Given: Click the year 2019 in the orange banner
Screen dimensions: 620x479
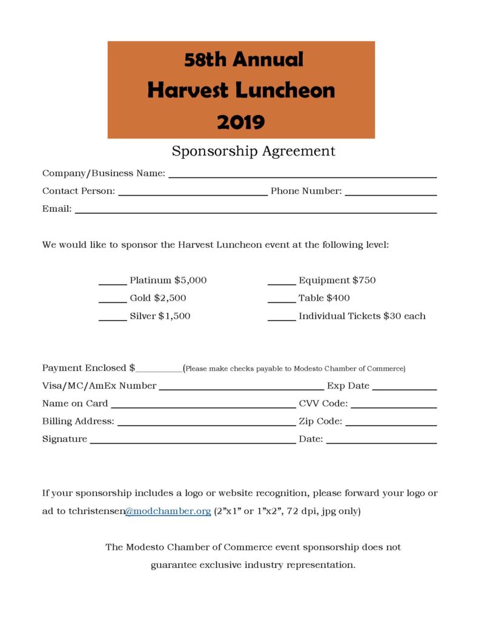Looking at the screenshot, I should click(240, 122).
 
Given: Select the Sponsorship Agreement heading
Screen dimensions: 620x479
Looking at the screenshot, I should click(253, 151).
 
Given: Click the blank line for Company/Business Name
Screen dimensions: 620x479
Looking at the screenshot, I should click(302, 175).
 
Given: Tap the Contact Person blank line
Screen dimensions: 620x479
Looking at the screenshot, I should click(193, 193).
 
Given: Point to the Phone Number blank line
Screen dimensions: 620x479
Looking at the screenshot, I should click(391, 193).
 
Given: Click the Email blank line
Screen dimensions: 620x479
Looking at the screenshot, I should click(255, 211).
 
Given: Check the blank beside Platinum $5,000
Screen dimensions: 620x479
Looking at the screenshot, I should click(112, 282).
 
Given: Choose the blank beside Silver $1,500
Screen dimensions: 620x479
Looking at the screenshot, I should click(112, 318).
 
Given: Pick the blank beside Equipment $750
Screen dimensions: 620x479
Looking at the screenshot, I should click(281, 282).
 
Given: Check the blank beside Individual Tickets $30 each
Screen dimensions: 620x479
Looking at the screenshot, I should click(281, 318).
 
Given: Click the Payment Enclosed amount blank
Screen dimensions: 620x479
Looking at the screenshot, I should click(159, 370).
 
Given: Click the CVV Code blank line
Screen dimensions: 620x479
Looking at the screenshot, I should click(394, 406).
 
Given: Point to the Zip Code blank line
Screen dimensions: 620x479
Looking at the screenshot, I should click(391, 423).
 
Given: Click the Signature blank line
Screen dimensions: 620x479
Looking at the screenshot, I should click(193, 441).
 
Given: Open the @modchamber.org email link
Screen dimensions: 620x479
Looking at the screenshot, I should click(168, 512).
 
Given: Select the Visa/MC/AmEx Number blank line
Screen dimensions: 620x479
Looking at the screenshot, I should click(241, 387).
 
